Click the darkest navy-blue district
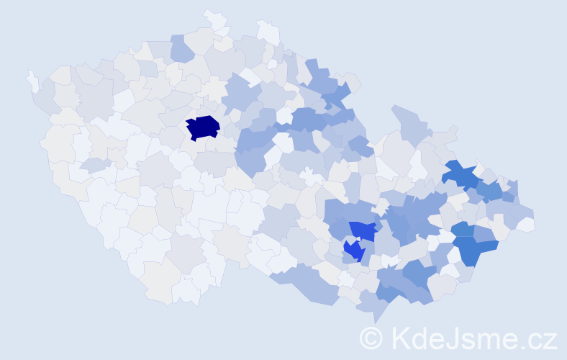pyautogui.click(x=203, y=127)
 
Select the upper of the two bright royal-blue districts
pyautogui.click(x=363, y=230)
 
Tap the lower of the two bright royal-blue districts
pyautogui.click(x=353, y=251)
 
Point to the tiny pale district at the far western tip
pyautogui.click(x=32, y=80)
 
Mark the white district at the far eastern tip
pyautogui.click(x=526, y=225)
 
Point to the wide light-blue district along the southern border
pyautogui.click(x=306, y=282)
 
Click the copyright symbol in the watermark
pyautogui.click(x=372, y=338)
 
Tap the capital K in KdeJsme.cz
pyautogui.click(x=400, y=338)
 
